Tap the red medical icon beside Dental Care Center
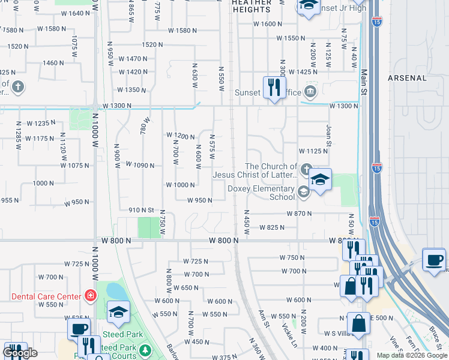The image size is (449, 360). point(90,296)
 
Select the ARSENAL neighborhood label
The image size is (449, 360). point(407,78)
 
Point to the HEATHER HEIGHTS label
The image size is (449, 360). point(251,6)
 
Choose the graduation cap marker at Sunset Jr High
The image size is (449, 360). point(308,6)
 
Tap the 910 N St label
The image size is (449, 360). point(142,210)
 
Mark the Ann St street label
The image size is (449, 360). point(262,319)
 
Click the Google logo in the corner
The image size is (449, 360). point(20,353)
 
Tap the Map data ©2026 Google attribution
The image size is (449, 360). point(412,355)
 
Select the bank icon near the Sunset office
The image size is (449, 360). point(310,92)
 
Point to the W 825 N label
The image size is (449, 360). point(271,227)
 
